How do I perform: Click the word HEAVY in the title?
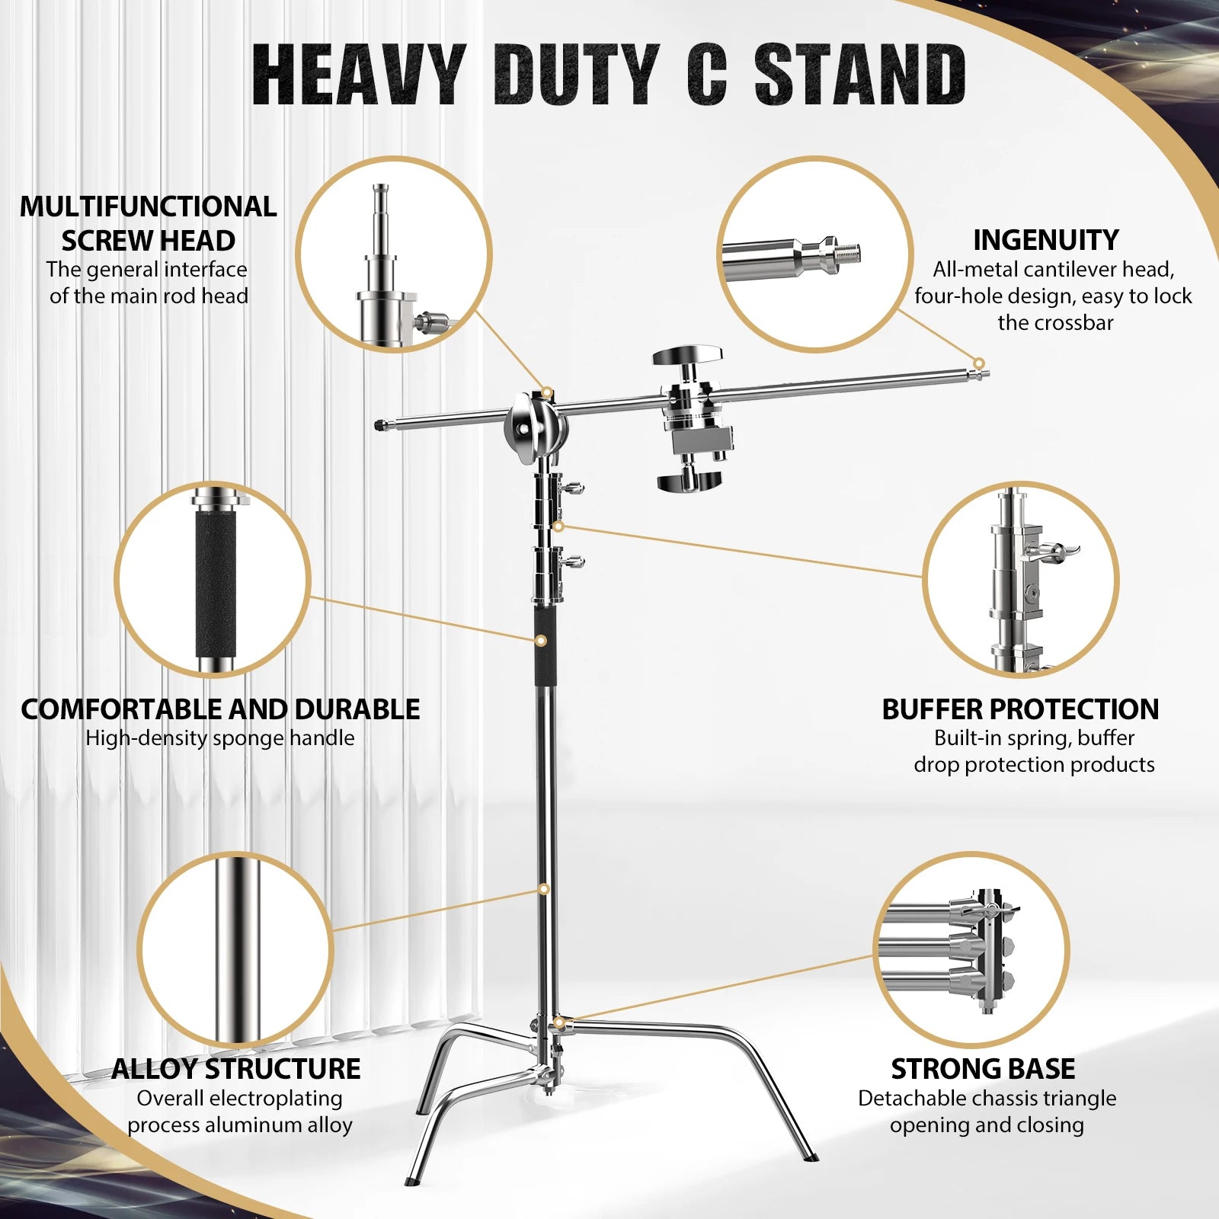358,74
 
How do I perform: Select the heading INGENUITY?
1045,240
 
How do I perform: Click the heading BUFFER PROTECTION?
1020,709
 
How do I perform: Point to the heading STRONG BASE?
983,1069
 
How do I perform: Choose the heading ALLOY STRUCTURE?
236,1069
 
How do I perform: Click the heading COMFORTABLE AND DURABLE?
220,709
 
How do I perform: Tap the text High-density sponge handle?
220,737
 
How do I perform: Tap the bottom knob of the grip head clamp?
689,482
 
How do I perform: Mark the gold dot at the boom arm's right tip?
979,363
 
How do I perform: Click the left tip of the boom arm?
381,424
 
